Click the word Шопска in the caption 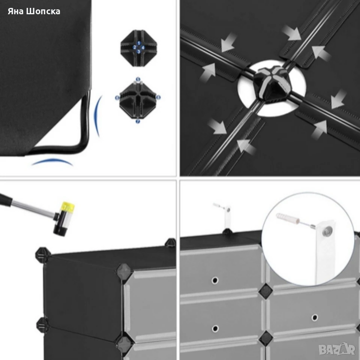(43, 11)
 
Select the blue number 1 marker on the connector (139, 43)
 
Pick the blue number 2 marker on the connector (135, 48)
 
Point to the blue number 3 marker (139, 52)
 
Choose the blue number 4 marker (143, 48)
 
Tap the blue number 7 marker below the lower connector (138, 121)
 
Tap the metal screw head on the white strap (327, 229)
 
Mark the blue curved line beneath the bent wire (52, 162)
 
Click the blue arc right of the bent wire (97, 116)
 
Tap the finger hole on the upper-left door (215, 280)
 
